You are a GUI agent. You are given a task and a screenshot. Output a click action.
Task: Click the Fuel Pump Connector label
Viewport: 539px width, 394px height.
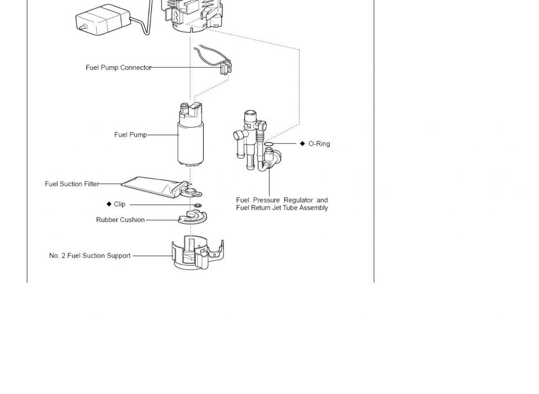[118, 68]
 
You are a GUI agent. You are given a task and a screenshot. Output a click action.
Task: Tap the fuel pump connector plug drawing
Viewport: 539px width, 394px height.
[226, 67]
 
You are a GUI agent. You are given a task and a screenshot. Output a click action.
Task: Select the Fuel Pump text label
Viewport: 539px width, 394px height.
[131, 135]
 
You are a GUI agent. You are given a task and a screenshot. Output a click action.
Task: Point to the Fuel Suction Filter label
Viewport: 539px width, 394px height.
[72, 184]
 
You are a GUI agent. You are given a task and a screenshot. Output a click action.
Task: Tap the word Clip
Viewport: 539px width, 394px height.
[119, 204]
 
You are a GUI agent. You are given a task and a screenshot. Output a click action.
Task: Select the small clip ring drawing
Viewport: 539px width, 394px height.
[198, 205]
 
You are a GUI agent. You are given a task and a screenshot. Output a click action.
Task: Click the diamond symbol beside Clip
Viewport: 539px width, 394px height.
[109, 204]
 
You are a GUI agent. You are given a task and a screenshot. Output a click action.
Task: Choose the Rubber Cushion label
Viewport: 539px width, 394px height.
[121, 220]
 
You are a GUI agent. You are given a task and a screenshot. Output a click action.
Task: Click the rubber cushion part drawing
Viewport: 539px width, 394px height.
[193, 217]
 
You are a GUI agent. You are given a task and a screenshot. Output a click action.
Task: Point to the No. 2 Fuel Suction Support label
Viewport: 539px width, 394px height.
[89, 256]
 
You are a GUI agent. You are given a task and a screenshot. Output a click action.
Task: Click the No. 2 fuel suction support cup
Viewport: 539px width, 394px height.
[197, 253]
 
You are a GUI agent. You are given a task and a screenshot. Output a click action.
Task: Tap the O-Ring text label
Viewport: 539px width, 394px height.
[320, 144]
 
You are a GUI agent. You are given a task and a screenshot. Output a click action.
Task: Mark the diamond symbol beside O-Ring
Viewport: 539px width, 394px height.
[303, 144]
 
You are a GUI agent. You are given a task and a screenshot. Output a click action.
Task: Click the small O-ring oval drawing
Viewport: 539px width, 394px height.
[268, 144]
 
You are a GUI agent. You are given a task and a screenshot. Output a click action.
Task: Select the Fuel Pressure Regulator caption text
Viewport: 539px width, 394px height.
[282, 204]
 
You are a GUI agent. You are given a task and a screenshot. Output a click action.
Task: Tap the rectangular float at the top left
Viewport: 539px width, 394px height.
[103, 20]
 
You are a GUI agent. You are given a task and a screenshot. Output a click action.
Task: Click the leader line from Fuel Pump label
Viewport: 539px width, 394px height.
[163, 135]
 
